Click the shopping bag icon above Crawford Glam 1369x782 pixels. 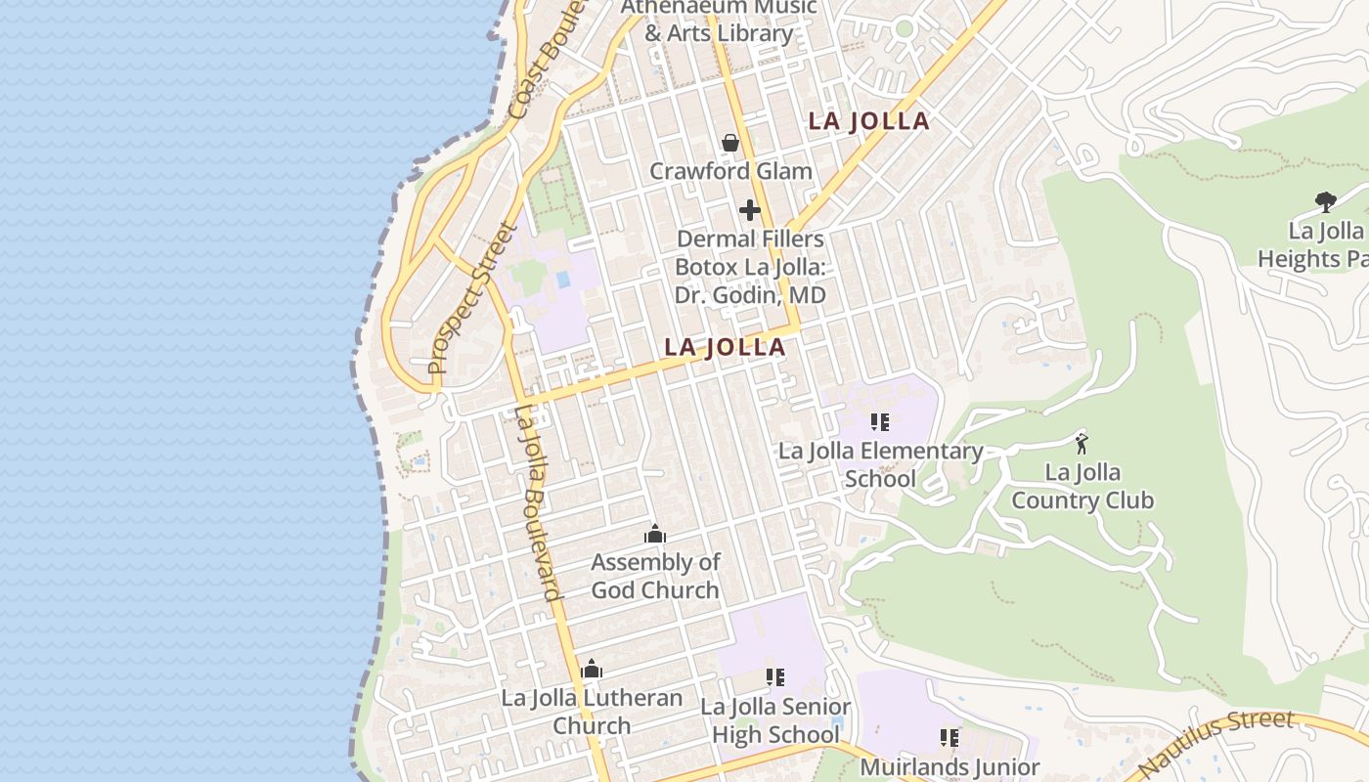[x=729, y=144]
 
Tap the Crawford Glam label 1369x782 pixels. [x=730, y=171]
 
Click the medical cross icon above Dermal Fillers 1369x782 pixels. [x=750, y=210]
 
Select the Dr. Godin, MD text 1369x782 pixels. [x=750, y=295]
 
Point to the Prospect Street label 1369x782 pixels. [x=472, y=299]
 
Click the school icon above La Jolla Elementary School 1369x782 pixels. [x=880, y=422]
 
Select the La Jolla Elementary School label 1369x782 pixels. [x=880, y=464]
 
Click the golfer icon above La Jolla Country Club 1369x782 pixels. [x=1082, y=443]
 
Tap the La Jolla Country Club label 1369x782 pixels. [x=1082, y=487]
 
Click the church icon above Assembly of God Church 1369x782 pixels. [x=655, y=534]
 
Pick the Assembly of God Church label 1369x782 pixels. [x=655, y=576]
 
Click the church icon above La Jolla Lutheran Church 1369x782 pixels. [x=592, y=670]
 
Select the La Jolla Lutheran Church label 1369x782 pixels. [x=592, y=712]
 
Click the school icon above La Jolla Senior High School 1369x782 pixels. [x=775, y=676]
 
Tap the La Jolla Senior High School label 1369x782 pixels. [x=775, y=719]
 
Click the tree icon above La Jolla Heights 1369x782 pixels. [x=1326, y=202]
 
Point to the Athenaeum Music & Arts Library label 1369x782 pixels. [x=719, y=20]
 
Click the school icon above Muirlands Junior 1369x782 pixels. [x=949, y=737]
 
